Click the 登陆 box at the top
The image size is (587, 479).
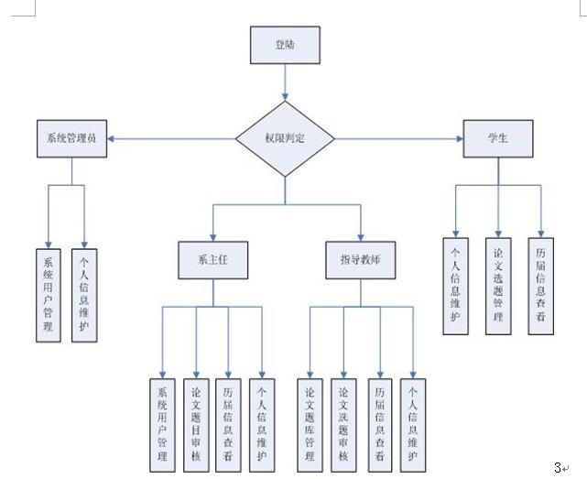coord(285,45)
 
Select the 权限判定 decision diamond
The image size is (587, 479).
coord(285,138)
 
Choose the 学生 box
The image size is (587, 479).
coord(498,137)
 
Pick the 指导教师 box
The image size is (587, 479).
coord(360,259)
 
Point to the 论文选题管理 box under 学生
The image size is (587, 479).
coord(498,285)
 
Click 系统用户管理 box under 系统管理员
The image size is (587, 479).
coord(49,293)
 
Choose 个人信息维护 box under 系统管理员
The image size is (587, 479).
coord(84,293)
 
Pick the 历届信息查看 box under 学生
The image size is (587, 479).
coord(540,285)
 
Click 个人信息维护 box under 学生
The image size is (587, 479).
coord(455,285)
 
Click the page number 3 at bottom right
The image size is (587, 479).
coord(558,467)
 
